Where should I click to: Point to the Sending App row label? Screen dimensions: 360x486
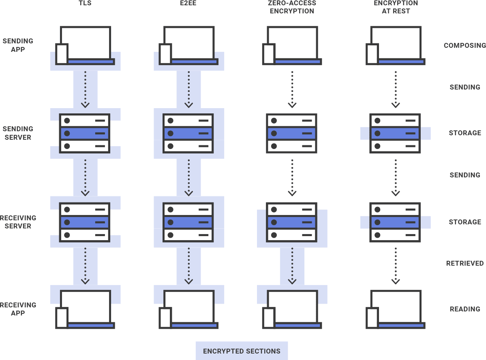coord(18,45)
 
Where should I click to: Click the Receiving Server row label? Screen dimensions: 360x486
coord(18,222)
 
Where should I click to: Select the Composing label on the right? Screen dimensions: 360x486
coord(465,45)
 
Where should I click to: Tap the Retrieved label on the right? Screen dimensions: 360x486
coord(465,263)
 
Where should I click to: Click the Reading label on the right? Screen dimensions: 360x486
coord(465,309)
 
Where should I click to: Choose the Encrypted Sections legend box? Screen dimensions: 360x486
coord(242,351)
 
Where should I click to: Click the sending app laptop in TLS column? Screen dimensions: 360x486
coord(85,45)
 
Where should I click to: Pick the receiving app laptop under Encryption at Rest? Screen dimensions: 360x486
coord(396,309)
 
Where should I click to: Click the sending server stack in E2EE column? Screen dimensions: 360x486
coord(188,133)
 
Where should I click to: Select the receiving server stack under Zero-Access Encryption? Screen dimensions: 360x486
coord(292,222)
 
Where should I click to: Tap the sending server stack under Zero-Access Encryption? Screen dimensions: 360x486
coord(292,133)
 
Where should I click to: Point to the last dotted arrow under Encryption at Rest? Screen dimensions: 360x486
coord(396,265)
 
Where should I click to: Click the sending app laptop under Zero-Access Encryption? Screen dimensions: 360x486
coord(292,45)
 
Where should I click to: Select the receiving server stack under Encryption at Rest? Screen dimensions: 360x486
coord(396,222)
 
